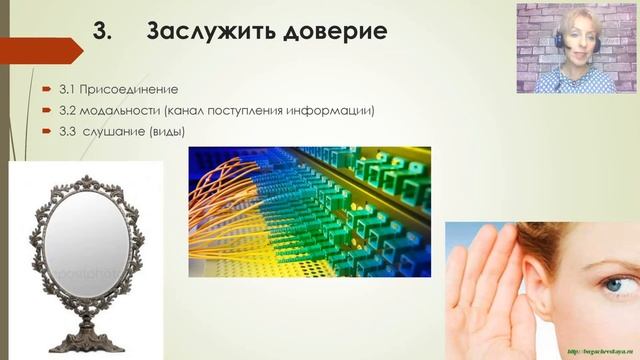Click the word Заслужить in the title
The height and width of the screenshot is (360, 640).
pyautogui.click(x=204, y=31)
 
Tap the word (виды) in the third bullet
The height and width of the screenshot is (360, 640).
pyautogui.click(x=166, y=131)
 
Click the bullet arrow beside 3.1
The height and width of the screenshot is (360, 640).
pyautogui.click(x=46, y=89)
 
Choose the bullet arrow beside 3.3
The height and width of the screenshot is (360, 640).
pyautogui.click(x=46, y=131)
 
